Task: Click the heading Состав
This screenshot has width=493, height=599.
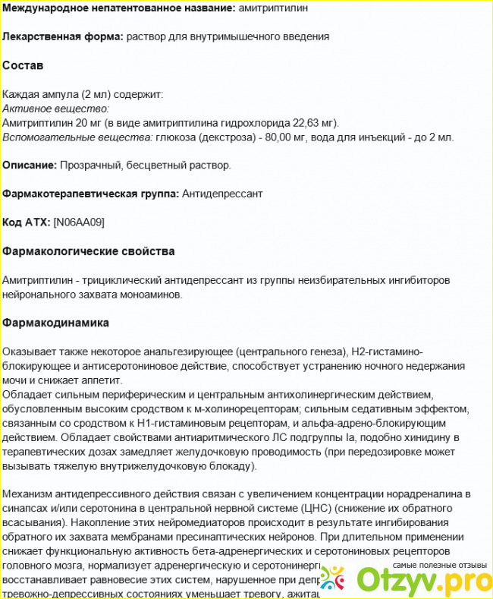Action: coord(23,66)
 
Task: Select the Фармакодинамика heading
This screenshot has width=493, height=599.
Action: coord(55,323)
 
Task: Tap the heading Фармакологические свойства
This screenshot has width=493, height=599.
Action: coord(89,251)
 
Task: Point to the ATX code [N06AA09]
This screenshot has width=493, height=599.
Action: coord(79,222)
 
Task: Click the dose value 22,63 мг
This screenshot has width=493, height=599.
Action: coord(314,123)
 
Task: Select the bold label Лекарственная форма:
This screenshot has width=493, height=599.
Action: coord(63,36)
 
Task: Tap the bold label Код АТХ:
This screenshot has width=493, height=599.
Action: coord(27,222)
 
